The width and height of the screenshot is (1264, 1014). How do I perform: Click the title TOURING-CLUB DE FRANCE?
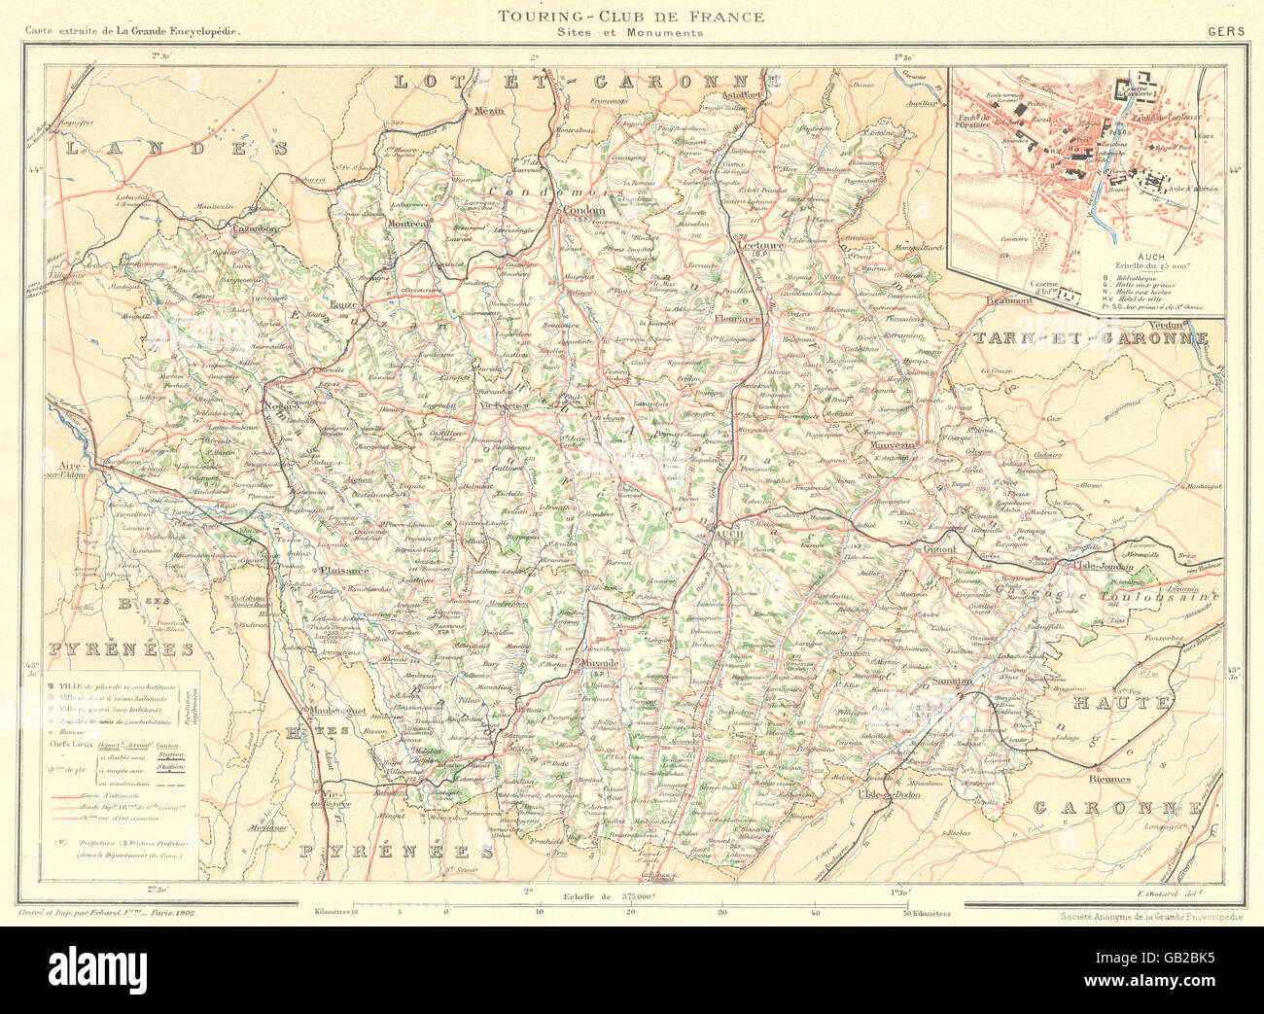coord(631,16)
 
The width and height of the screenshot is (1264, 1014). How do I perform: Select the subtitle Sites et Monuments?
coord(630,32)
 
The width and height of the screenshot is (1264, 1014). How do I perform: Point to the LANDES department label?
coord(174,148)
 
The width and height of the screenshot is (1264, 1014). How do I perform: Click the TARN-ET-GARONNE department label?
coord(1089,338)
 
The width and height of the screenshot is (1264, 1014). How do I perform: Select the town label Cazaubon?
coord(255,228)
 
